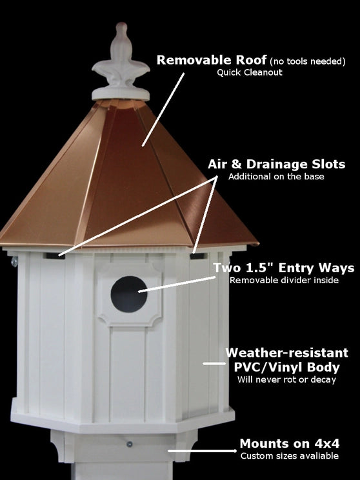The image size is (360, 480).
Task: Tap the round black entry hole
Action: (129, 294)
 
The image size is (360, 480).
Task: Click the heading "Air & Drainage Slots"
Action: (276, 165)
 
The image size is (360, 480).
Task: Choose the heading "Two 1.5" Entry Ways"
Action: (283, 267)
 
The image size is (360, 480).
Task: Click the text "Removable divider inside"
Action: (283, 279)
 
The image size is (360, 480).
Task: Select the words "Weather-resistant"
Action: (286, 353)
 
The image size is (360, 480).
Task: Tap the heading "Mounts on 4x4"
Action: (289, 443)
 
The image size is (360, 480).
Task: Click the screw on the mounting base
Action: (130, 445)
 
